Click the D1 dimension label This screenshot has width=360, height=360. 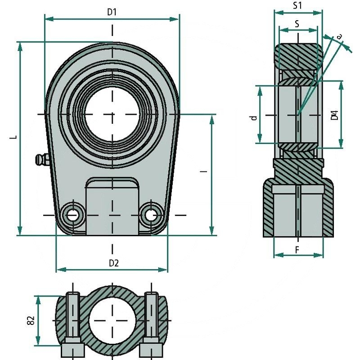112,12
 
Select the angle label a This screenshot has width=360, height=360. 339,36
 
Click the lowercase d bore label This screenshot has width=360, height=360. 254,117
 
